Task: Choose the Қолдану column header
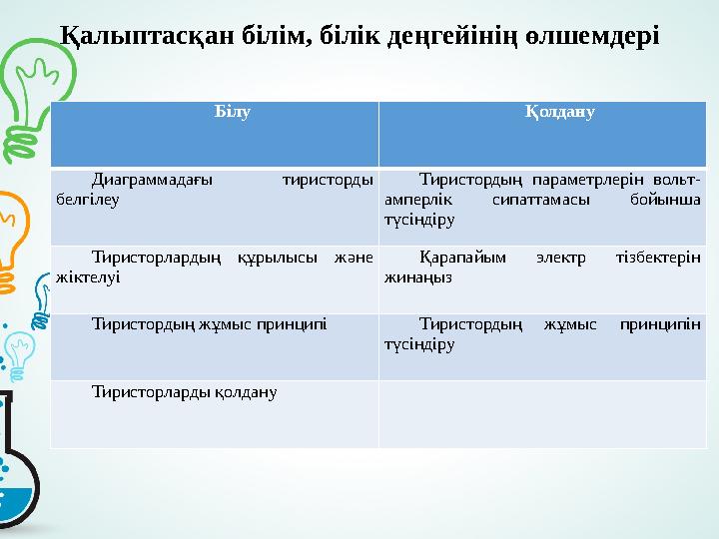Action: click(560, 112)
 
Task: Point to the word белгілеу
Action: click(88, 200)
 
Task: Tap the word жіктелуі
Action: click(88, 276)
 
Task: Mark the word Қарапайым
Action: click(460, 258)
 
